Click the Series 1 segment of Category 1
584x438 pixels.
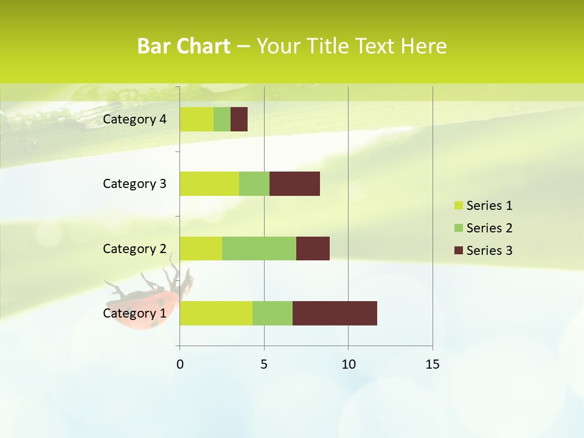216,313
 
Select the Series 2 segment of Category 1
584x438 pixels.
273,313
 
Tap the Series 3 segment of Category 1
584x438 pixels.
335,313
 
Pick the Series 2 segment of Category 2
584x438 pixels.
259,248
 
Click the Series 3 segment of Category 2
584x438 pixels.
313,248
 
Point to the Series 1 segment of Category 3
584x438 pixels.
209,184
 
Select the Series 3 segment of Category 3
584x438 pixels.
294,184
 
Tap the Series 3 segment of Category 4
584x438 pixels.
239,119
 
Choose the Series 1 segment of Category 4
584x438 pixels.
196,119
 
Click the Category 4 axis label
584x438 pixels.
134,119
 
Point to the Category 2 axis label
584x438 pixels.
134,248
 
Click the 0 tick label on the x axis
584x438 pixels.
179,364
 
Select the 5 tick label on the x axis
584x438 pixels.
264,364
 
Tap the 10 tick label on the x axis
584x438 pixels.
348,364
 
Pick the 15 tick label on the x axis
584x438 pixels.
433,364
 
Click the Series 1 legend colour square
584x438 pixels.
458,206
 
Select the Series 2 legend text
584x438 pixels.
489,228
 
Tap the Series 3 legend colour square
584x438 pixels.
458,251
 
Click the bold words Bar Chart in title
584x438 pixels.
184,46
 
